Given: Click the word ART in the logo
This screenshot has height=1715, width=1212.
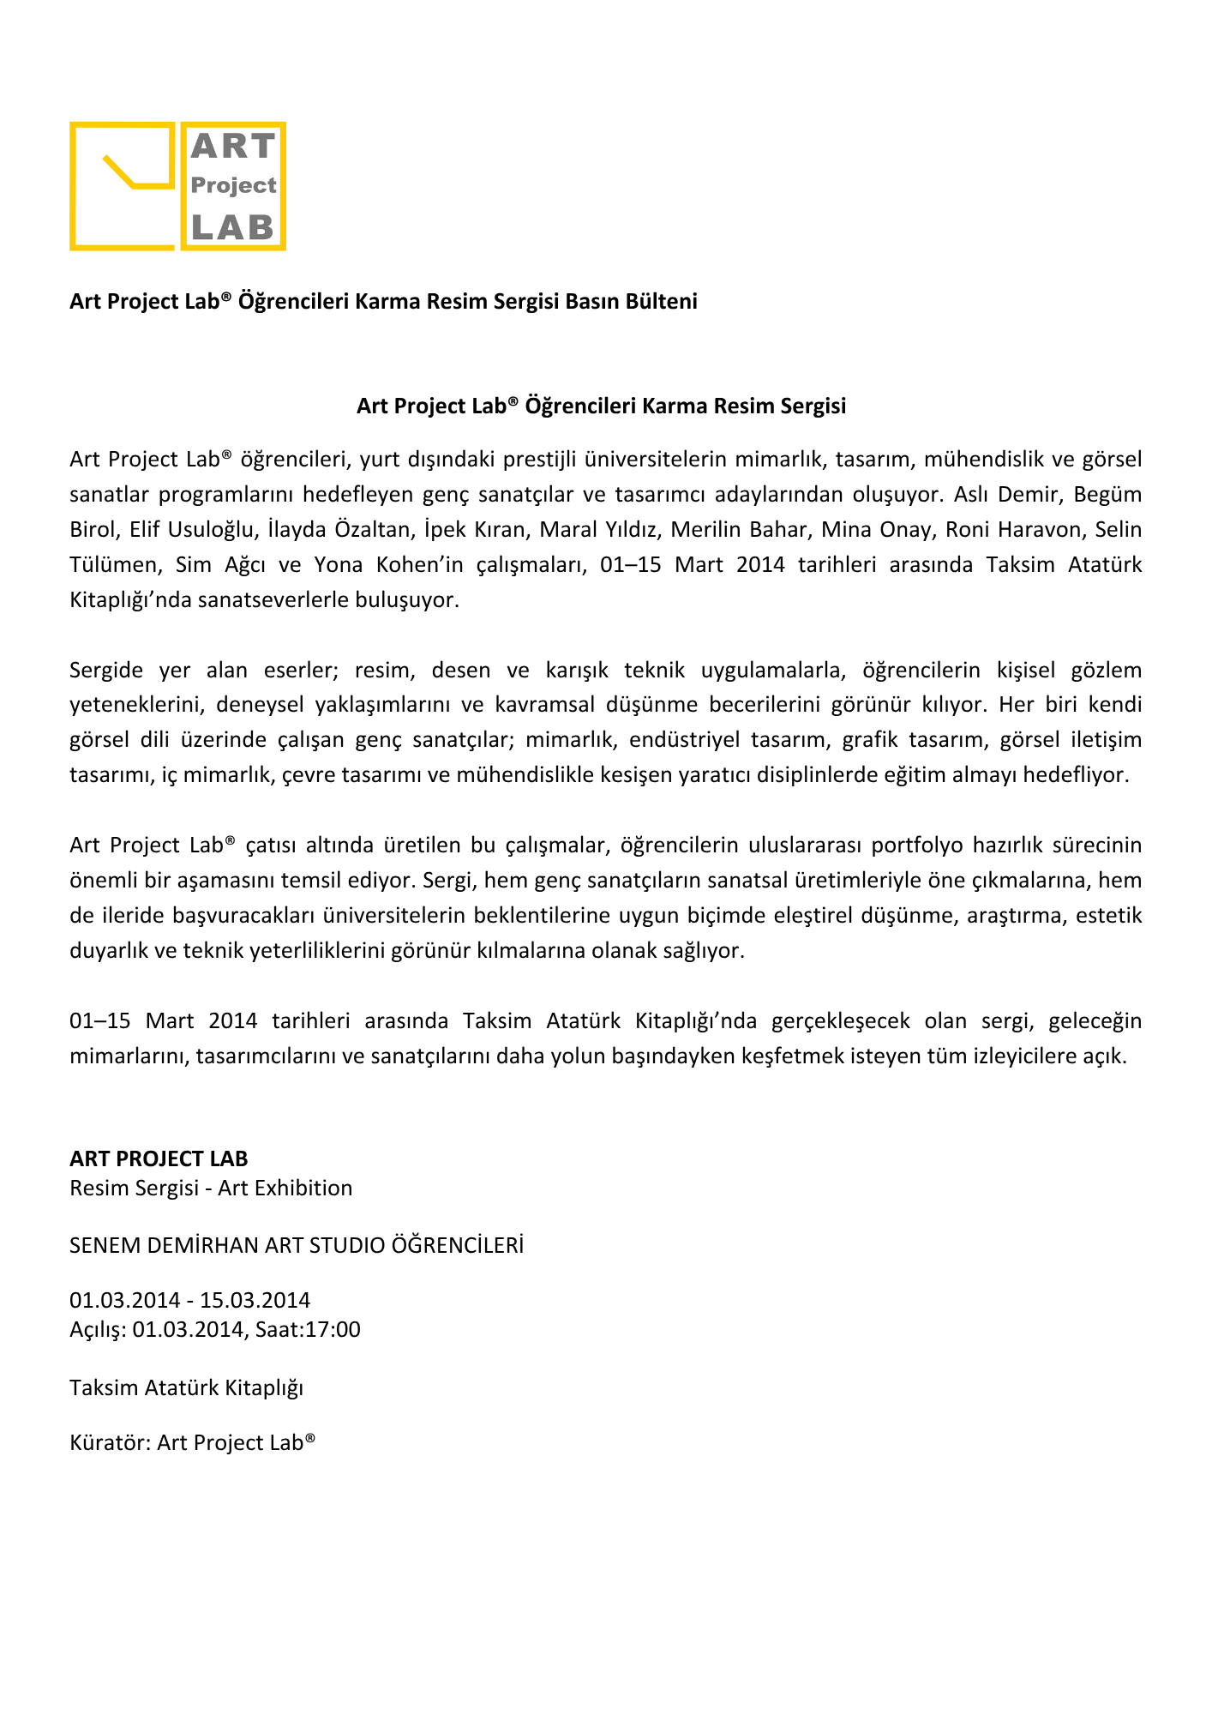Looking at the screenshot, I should coord(232,147).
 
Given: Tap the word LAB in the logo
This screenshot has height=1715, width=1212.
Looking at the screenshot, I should coord(232,227).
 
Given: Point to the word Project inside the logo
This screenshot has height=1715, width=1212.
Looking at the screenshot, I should coord(233,185).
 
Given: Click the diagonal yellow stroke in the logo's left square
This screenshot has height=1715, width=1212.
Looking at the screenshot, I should coord(118,171).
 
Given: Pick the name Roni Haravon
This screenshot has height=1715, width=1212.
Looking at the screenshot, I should coord(1013,530).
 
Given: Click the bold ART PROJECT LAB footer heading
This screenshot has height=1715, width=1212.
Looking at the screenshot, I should coord(159,1159).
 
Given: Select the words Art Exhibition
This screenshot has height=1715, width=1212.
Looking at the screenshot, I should coord(285,1188).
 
